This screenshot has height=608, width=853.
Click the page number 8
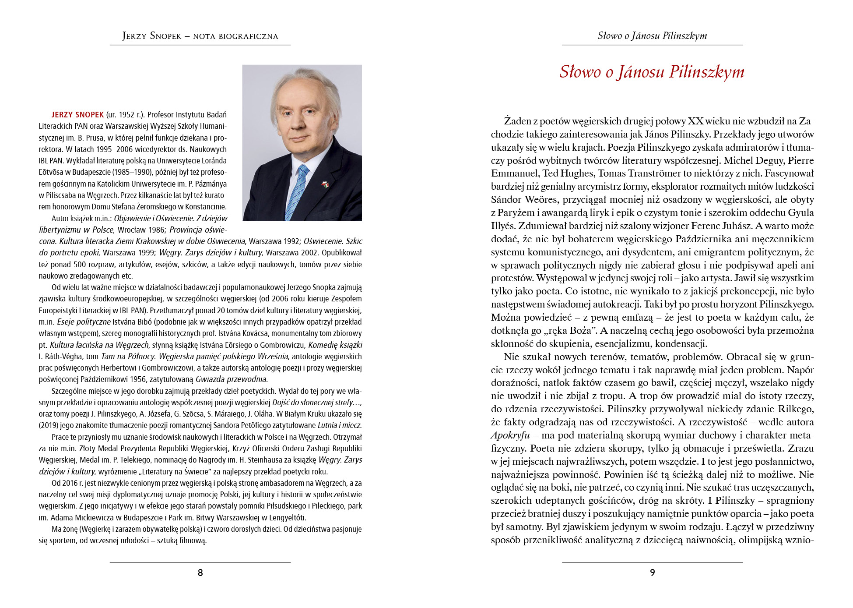[x=200, y=573]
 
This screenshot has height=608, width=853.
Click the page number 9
[x=652, y=573]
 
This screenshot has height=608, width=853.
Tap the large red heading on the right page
[x=652, y=72]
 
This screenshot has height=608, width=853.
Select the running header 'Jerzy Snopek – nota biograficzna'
[x=200, y=36]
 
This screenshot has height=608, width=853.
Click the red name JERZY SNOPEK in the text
[x=77, y=115]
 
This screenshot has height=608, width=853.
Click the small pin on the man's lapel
[x=325, y=184]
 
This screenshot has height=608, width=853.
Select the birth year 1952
[x=126, y=115]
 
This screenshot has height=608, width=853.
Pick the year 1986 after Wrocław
[x=157, y=230]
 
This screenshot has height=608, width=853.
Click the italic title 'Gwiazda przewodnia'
[x=231, y=379]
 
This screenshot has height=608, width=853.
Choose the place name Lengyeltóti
[x=287, y=517]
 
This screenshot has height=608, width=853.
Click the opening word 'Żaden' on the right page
[x=518, y=121]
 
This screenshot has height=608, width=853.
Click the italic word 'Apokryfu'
[x=510, y=435]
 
